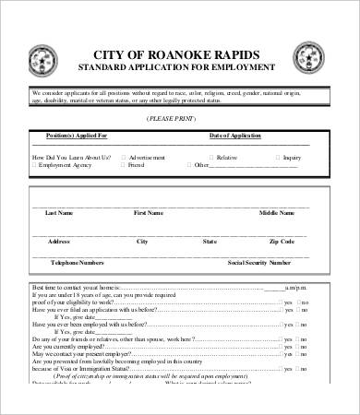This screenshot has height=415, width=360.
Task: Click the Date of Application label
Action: (241, 136)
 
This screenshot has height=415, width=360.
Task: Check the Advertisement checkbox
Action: (123, 157)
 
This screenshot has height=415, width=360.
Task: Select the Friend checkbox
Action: (123, 165)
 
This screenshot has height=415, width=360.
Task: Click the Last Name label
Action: (59, 213)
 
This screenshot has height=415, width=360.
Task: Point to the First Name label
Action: (149, 213)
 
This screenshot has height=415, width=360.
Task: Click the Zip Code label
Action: (282, 241)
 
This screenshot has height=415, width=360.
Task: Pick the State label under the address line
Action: (210, 241)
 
